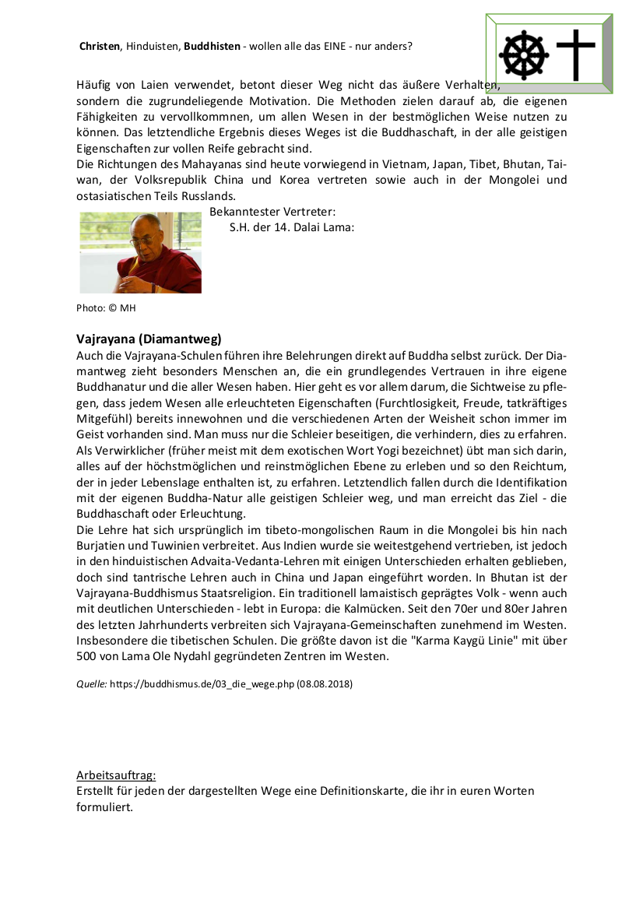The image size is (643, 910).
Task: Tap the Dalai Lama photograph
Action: pos(141,252)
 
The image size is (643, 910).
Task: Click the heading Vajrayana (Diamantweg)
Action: pos(149,339)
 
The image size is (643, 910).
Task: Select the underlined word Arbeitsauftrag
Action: pos(116,775)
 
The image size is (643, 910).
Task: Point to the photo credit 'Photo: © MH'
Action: pos(106,308)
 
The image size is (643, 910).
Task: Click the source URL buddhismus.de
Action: pos(202,685)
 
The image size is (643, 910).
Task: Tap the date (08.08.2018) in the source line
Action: pos(325,685)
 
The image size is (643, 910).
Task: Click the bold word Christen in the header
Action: pos(100,47)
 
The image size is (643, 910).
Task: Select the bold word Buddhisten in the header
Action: pos(212,47)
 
